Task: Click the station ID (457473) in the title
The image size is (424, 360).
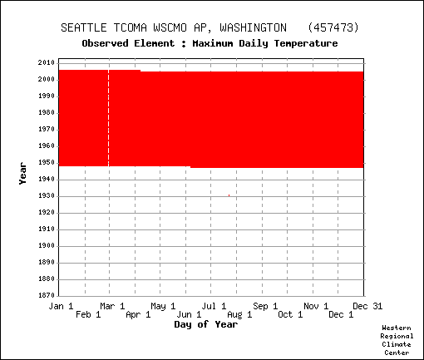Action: click(x=333, y=27)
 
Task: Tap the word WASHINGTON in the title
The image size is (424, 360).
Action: click(x=254, y=27)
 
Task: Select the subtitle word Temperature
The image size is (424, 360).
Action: click(x=306, y=43)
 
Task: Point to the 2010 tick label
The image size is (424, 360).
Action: click(x=47, y=62)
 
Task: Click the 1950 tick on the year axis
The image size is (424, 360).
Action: click(x=47, y=162)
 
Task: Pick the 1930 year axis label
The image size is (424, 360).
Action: click(x=47, y=195)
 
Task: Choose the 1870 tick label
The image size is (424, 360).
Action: click(x=47, y=295)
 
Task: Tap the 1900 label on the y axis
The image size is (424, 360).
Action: click(x=47, y=245)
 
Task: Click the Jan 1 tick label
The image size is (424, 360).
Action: click(x=61, y=306)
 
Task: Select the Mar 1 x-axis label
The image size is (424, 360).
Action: click(x=112, y=306)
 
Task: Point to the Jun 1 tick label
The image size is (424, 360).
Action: click(x=189, y=314)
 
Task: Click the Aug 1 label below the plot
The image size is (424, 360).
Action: click(x=239, y=314)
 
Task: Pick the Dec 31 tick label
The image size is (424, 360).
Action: click(x=367, y=306)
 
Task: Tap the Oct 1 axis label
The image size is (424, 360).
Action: click(x=290, y=314)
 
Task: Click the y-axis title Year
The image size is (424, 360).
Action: click(x=22, y=174)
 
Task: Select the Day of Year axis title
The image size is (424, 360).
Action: click(x=206, y=324)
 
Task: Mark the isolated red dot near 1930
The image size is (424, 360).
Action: click(x=229, y=195)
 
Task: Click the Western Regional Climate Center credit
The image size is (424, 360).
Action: click(x=397, y=340)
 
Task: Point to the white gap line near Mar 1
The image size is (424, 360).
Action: click(x=109, y=118)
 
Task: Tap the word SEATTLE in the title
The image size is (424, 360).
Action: click(x=84, y=27)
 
